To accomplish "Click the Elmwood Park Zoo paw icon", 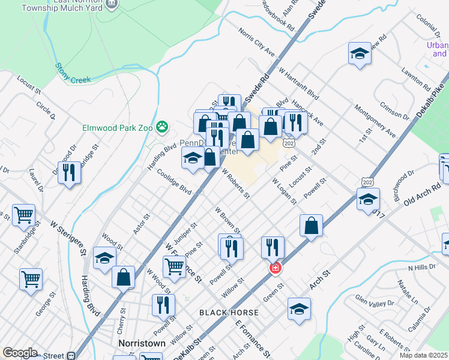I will click(161, 127).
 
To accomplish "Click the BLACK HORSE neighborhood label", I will click(229, 313).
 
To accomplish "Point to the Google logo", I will click(20, 353).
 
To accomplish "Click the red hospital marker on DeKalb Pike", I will click(276, 268).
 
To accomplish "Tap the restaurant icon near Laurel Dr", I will click(69, 173).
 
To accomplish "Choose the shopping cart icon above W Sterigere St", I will click(23, 214).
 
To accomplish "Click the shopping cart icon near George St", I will click(31, 278).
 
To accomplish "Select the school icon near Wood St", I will click(104, 259).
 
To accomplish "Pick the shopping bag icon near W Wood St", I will click(123, 277).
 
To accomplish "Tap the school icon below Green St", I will click(299, 309).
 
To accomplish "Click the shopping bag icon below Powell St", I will click(311, 226).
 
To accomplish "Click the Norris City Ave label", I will click(257, 43).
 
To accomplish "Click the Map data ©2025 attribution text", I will click(423, 355).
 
